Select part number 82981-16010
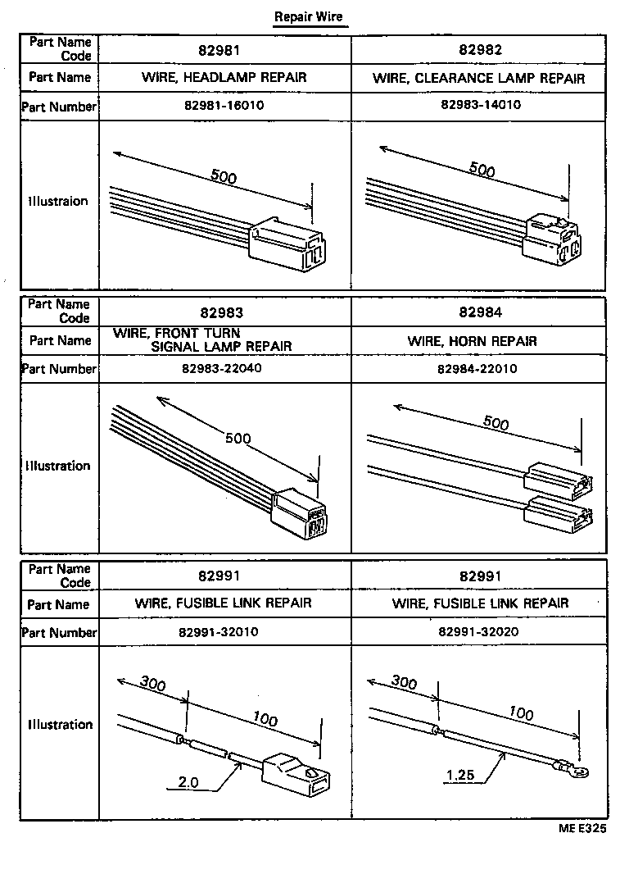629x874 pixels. [225, 106]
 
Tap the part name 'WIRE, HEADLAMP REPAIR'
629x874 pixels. [225, 78]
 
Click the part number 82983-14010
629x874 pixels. [480, 105]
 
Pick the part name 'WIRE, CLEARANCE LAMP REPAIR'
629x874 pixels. [479, 79]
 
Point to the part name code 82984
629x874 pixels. [480, 312]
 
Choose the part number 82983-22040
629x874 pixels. [222, 369]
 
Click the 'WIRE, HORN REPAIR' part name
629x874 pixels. [473, 341]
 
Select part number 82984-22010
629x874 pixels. [477, 369]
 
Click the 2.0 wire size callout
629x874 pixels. [188, 782]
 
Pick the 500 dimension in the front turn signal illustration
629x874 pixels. [238, 439]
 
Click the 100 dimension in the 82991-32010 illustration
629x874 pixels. [265, 719]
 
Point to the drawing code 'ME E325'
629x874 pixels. [582, 829]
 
